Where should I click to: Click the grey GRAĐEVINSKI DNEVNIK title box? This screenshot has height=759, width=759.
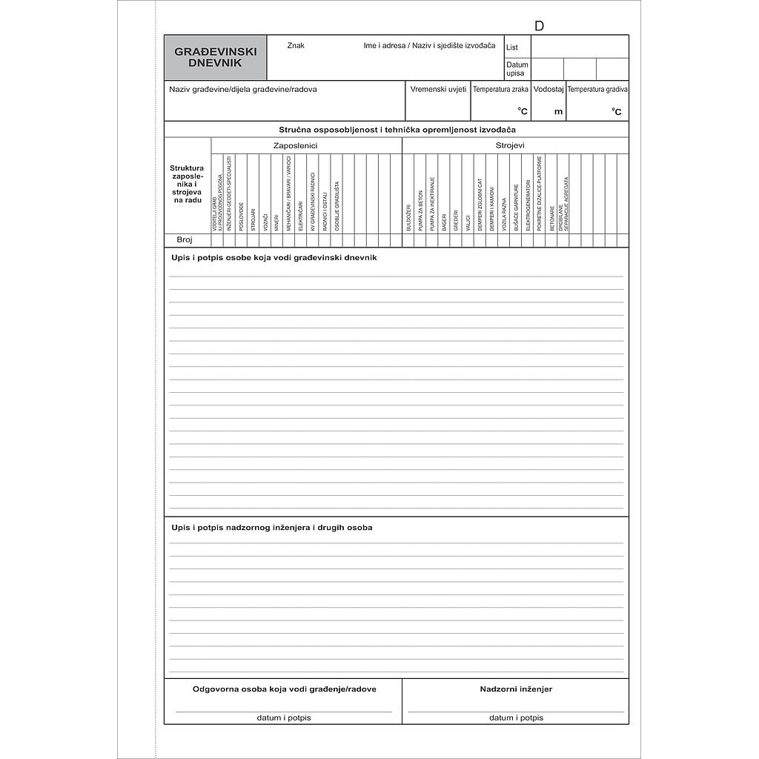[215, 58]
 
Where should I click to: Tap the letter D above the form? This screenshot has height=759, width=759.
[539, 26]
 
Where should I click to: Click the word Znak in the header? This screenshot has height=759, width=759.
[296, 46]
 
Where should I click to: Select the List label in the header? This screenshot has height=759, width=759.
[512, 47]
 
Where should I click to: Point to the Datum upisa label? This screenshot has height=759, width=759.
[517, 69]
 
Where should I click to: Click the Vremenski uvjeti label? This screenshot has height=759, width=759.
[438, 90]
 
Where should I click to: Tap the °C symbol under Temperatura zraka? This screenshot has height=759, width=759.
[523, 112]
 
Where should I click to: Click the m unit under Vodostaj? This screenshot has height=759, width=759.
[558, 113]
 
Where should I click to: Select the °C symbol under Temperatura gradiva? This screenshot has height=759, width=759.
[616, 113]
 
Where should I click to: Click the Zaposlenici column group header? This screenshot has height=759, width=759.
[295, 146]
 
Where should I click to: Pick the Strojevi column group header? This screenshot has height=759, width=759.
[510, 146]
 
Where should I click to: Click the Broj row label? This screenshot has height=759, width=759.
[185, 240]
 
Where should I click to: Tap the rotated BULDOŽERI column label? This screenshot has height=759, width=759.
[408, 218]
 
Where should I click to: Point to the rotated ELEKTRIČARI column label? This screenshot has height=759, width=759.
[300, 215]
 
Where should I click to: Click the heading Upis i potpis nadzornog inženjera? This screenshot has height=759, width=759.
[271, 528]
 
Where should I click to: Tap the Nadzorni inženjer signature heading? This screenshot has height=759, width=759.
[516, 689]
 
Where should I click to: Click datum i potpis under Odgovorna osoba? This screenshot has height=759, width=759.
[284, 717]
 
